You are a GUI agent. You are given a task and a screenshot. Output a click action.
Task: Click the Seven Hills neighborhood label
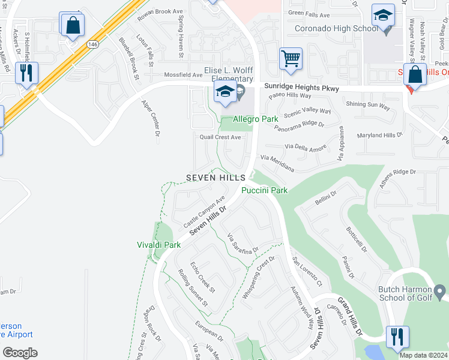215,178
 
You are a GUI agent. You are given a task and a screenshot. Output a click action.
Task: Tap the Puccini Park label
265,190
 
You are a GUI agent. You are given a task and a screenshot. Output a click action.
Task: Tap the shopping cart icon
291,59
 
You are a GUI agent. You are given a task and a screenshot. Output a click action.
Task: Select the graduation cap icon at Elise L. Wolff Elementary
225,92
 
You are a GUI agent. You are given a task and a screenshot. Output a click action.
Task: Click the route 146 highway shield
92,44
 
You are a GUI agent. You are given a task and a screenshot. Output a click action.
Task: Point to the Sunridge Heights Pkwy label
299,88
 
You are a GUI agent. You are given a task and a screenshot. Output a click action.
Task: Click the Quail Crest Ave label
220,137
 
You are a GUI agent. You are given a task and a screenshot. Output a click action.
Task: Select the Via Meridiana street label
277,163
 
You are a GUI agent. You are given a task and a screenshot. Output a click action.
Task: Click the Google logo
20,353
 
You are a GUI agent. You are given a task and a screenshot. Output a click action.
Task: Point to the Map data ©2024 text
423,355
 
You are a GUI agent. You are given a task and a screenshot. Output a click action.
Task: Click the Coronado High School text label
328,28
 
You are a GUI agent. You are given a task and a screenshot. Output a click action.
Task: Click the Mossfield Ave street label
184,75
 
